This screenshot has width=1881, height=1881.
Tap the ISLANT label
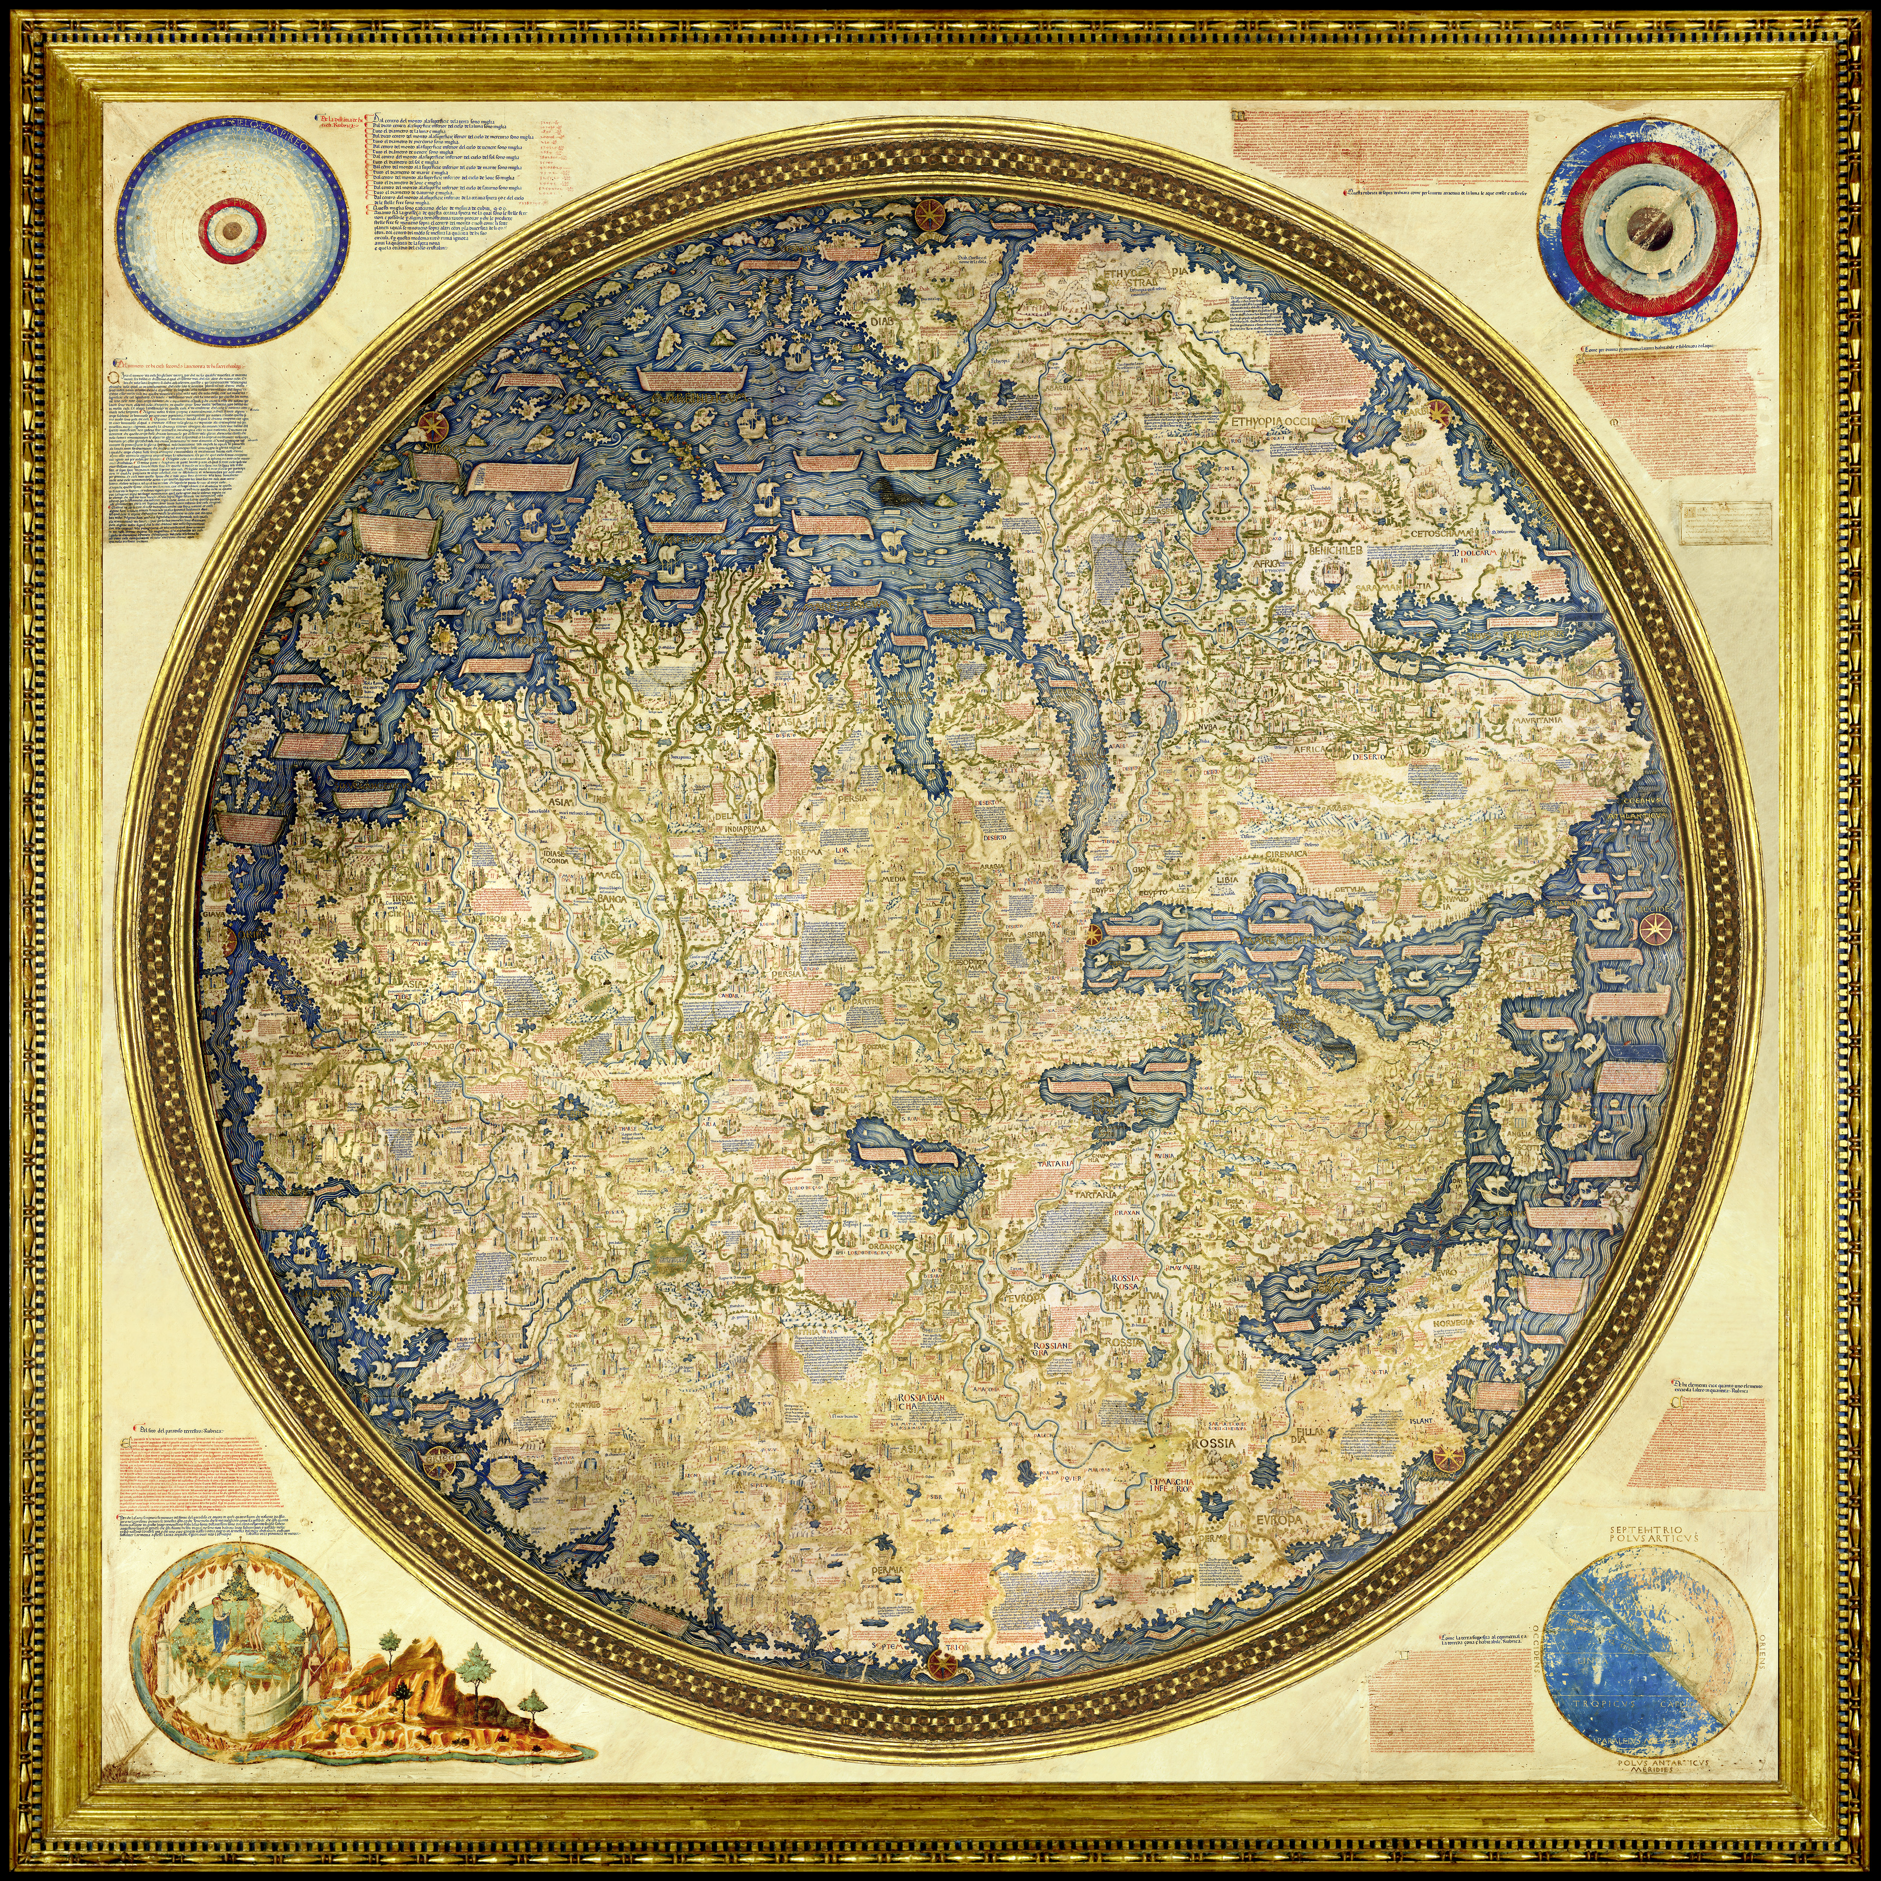1421,1421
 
